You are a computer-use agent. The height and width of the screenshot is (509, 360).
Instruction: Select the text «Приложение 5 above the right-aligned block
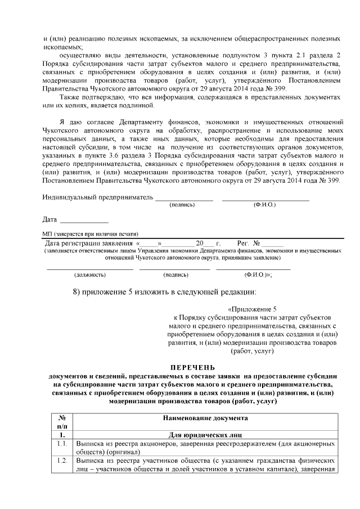253,309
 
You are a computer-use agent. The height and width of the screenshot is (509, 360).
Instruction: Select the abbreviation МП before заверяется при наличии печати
46,233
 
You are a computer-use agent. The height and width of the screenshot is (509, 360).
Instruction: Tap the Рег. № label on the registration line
248,243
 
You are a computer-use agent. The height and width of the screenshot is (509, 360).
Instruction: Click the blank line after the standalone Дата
84,219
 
